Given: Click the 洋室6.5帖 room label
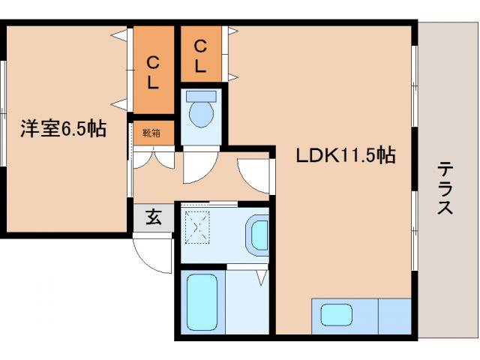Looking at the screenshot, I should point(62,129).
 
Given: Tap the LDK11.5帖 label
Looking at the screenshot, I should point(344,155).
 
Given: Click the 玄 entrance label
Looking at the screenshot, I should point(153,217).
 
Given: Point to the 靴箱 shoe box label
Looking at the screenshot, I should point(151,133).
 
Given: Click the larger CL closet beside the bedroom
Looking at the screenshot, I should point(152,71).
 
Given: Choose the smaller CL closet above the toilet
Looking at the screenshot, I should point(200,55).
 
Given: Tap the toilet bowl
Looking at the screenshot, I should point(200,115).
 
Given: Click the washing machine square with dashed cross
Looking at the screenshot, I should point(198,225).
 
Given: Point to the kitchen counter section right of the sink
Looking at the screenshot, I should point(394,315).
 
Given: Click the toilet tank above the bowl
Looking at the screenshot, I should point(200,96).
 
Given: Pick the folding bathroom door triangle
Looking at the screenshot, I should point(261,278).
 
